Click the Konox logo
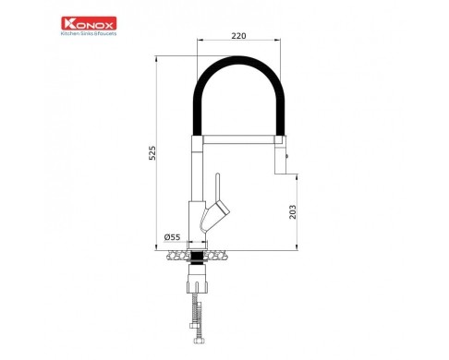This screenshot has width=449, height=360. (x=89, y=23)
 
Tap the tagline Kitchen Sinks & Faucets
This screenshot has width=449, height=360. (x=89, y=33)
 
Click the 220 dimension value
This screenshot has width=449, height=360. (x=238, y=36)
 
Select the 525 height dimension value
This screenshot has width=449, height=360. (x=152, y=152)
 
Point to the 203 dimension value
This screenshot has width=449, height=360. (x=292, y=212)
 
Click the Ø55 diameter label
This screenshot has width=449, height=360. (x=172, y=237)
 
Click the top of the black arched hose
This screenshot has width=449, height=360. (x=237, y=60)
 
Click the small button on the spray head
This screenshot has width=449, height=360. (x=287, y=156)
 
